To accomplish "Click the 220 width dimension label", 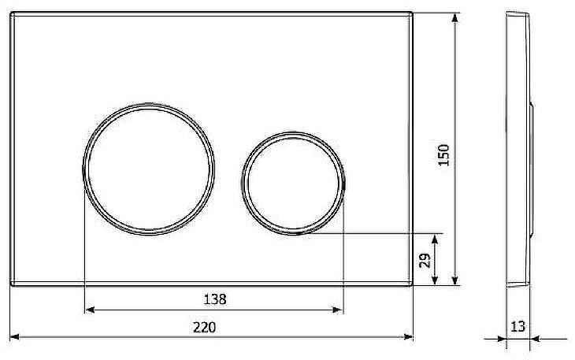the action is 205,328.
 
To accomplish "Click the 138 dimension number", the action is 215,299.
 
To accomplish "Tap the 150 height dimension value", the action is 443,155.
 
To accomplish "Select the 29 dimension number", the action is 425,261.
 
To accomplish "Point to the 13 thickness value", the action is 518,326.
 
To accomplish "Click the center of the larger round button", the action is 149,169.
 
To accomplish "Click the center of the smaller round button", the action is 293,183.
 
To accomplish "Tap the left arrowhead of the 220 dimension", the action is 14,337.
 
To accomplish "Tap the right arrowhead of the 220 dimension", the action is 408,337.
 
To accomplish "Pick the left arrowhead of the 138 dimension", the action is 90,310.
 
